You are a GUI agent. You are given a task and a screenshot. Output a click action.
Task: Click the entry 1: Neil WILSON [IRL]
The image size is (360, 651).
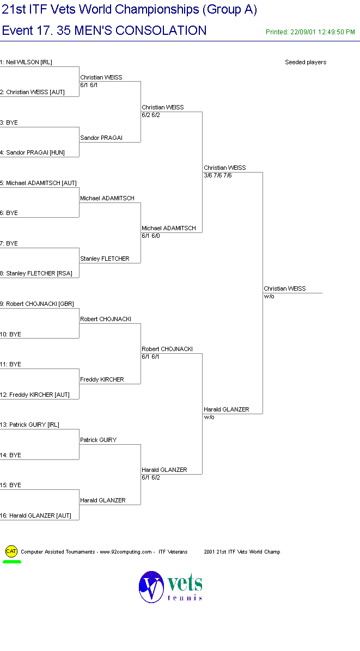click(26, 62)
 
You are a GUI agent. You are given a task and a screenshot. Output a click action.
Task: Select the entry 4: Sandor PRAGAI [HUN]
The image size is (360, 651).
click(32, 153)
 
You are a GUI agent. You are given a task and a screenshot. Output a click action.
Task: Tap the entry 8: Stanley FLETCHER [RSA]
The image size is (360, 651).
click(36, 274)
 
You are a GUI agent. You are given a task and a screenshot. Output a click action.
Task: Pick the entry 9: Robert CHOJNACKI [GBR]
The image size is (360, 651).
click(37, 304)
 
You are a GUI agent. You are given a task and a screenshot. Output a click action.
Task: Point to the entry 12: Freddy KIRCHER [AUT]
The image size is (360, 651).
click(35, 395)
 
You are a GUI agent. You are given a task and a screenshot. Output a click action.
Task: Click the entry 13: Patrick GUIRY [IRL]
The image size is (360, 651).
click(30, 425)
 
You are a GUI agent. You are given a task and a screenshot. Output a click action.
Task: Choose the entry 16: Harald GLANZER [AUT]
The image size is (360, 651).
click(36, 515)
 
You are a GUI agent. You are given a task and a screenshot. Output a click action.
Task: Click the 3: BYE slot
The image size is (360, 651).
click(9, 123)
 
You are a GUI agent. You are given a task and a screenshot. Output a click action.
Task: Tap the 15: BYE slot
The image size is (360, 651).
click(10, 486)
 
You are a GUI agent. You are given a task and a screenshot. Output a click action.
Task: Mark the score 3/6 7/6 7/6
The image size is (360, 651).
click(217, 176)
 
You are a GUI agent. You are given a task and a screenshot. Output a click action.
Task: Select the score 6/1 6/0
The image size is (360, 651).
click(151, 236)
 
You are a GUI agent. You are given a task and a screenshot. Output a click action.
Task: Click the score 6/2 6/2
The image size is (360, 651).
click(151, 115)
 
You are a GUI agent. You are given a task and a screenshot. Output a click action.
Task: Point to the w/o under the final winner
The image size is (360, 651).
click(269, 297)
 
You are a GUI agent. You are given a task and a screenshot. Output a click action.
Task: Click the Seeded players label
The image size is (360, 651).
click(306, 62)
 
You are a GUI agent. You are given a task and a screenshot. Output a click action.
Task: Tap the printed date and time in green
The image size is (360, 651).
click(310, 32)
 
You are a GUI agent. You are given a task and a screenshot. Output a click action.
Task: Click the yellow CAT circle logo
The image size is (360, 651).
click(11, 551)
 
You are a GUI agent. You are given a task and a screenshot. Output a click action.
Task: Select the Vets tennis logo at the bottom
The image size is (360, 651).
click(170, 587)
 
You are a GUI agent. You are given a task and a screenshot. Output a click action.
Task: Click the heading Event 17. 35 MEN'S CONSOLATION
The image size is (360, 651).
click(104, 30)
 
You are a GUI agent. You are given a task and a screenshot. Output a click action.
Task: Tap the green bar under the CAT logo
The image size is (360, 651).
click(12, 562)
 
